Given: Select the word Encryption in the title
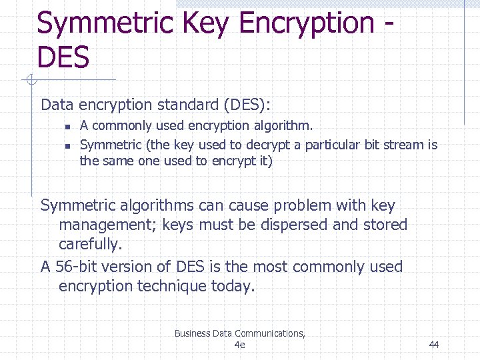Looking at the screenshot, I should [x=307, y=23].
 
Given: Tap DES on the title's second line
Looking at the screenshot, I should [x=63, y=57].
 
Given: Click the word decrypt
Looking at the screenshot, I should [x=265, y=145].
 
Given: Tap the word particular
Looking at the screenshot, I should [x=331, y=145].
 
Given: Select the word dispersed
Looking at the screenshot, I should [x=292, y=225].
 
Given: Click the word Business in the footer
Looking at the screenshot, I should [x=192, y=333].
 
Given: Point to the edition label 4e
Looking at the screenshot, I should [x=240, y=345].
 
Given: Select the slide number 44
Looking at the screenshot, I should [x=434, y=345].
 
